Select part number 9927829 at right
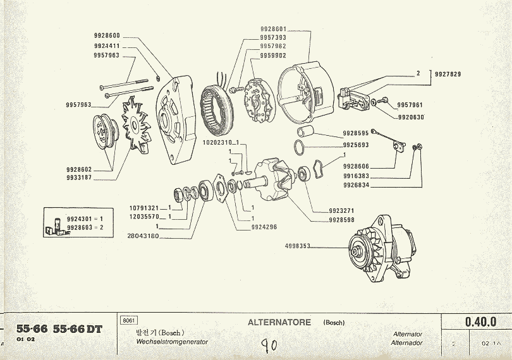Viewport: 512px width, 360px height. [x=448, y=75]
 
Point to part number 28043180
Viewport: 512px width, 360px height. [x=143, y=236]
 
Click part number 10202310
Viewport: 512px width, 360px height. [x=218, y=143]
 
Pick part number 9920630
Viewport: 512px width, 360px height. [x=410, y=117]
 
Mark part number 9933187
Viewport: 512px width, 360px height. [x=79, y=178]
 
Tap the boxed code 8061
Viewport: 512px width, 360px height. [x=128, y=320]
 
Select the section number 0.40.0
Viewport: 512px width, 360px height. [x=480, y=322]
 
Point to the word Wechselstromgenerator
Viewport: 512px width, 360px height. [x=172, y=342]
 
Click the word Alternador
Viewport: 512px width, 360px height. [x=408, y=343]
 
